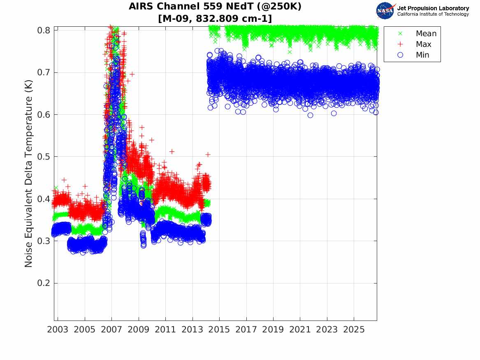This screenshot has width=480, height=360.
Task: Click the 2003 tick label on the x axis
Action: (58, 330)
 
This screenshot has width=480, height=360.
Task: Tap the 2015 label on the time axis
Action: (219, 330)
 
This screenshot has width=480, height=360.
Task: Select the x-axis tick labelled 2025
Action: (354, 330)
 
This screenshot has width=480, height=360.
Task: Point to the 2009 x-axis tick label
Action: (138, 330)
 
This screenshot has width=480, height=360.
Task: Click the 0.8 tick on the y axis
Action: (44, 30)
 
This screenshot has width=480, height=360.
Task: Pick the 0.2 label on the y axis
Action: (44, 283)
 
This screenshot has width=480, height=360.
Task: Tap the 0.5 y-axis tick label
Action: (44, 157)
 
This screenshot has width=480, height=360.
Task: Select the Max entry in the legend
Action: (414, 44)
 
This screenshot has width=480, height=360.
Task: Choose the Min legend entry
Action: (413, 55)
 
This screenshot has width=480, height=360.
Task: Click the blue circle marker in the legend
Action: (400, 55)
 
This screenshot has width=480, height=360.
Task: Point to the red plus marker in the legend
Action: (400, 44)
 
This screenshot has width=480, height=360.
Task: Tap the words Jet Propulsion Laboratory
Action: (433, 8)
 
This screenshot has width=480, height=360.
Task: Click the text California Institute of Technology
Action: (433, 14)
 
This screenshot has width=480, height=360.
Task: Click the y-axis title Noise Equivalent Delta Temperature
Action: (28, 174)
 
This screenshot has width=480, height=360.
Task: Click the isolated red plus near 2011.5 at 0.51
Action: (172, 151)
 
